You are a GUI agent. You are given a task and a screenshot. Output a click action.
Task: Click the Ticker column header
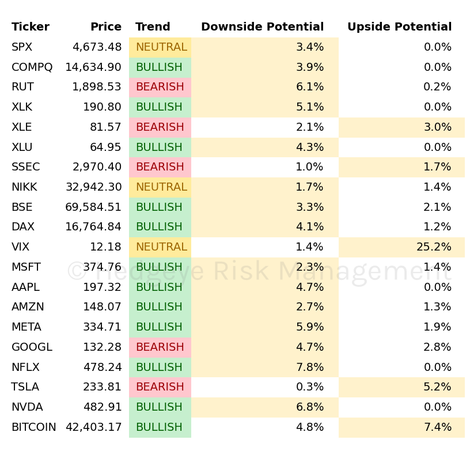(x=31, y=27)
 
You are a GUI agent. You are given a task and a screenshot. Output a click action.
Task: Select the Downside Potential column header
(x=262, y=27)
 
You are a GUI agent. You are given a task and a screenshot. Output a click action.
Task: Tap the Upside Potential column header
(x=399, y=27)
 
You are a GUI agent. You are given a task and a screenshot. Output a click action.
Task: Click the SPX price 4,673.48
(x=97, y=47)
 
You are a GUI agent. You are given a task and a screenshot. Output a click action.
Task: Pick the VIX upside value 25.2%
(x=434, y=247)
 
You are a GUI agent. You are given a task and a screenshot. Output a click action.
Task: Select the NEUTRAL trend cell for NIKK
(x=161, y=187)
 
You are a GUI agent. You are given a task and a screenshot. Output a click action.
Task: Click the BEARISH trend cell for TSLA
(x=160, y=387)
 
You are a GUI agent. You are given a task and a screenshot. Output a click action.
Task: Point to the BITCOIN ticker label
(x=34, y=427)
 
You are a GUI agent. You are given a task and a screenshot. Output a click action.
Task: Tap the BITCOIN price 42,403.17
(x=93, y=427)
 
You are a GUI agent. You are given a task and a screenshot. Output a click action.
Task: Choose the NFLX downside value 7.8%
(x=310, y=367)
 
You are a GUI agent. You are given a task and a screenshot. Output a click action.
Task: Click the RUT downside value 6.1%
(x=310, y=87)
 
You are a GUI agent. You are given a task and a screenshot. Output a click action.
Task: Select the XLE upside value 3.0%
(x=437, y=127)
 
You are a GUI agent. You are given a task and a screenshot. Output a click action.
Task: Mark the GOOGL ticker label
(x=32, y=347)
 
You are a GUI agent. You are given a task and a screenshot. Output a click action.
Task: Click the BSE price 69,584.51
(x=93, y=207)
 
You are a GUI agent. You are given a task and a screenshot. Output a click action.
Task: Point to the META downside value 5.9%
(x=310, y=327)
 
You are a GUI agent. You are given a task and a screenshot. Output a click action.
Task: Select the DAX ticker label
(x=23, y=227)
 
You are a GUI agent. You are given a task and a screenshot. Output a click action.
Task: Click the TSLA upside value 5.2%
(x=437, y=387)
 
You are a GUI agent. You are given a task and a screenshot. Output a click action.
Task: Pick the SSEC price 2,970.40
(x=97, y=167)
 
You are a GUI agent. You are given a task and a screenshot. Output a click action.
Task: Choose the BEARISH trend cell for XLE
(x=160, y=127)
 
